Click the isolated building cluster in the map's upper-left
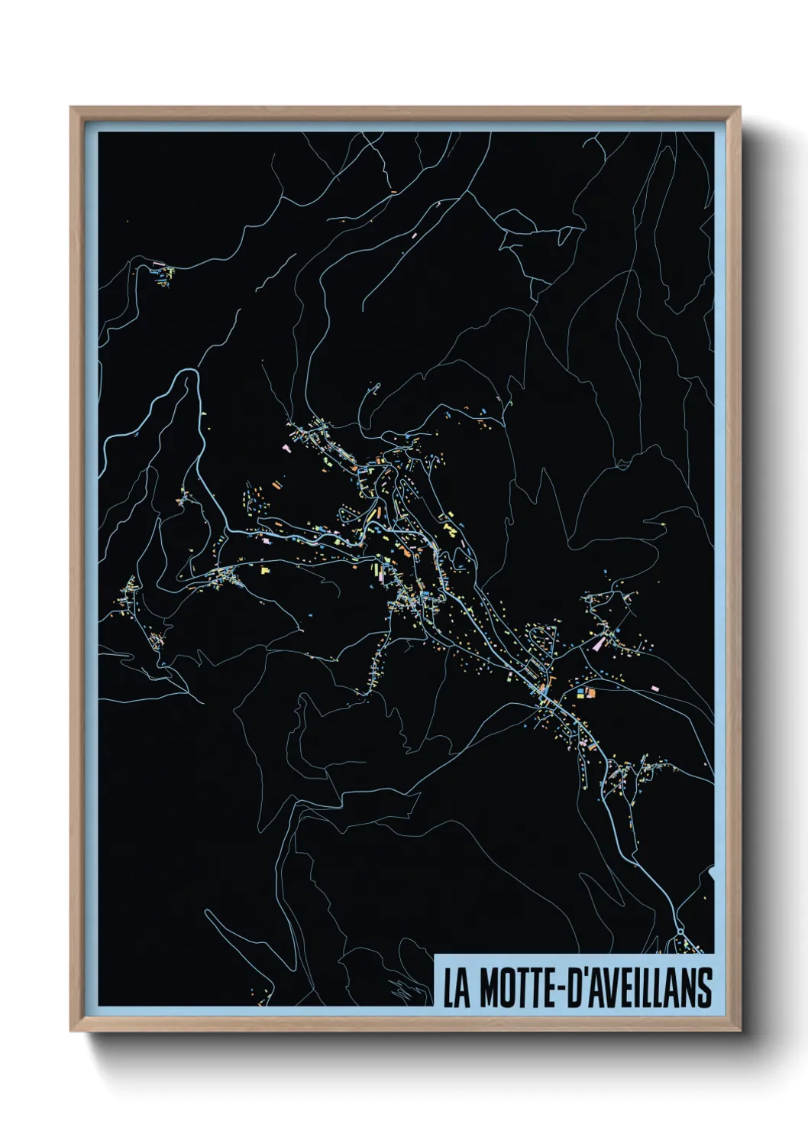(161, 273)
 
